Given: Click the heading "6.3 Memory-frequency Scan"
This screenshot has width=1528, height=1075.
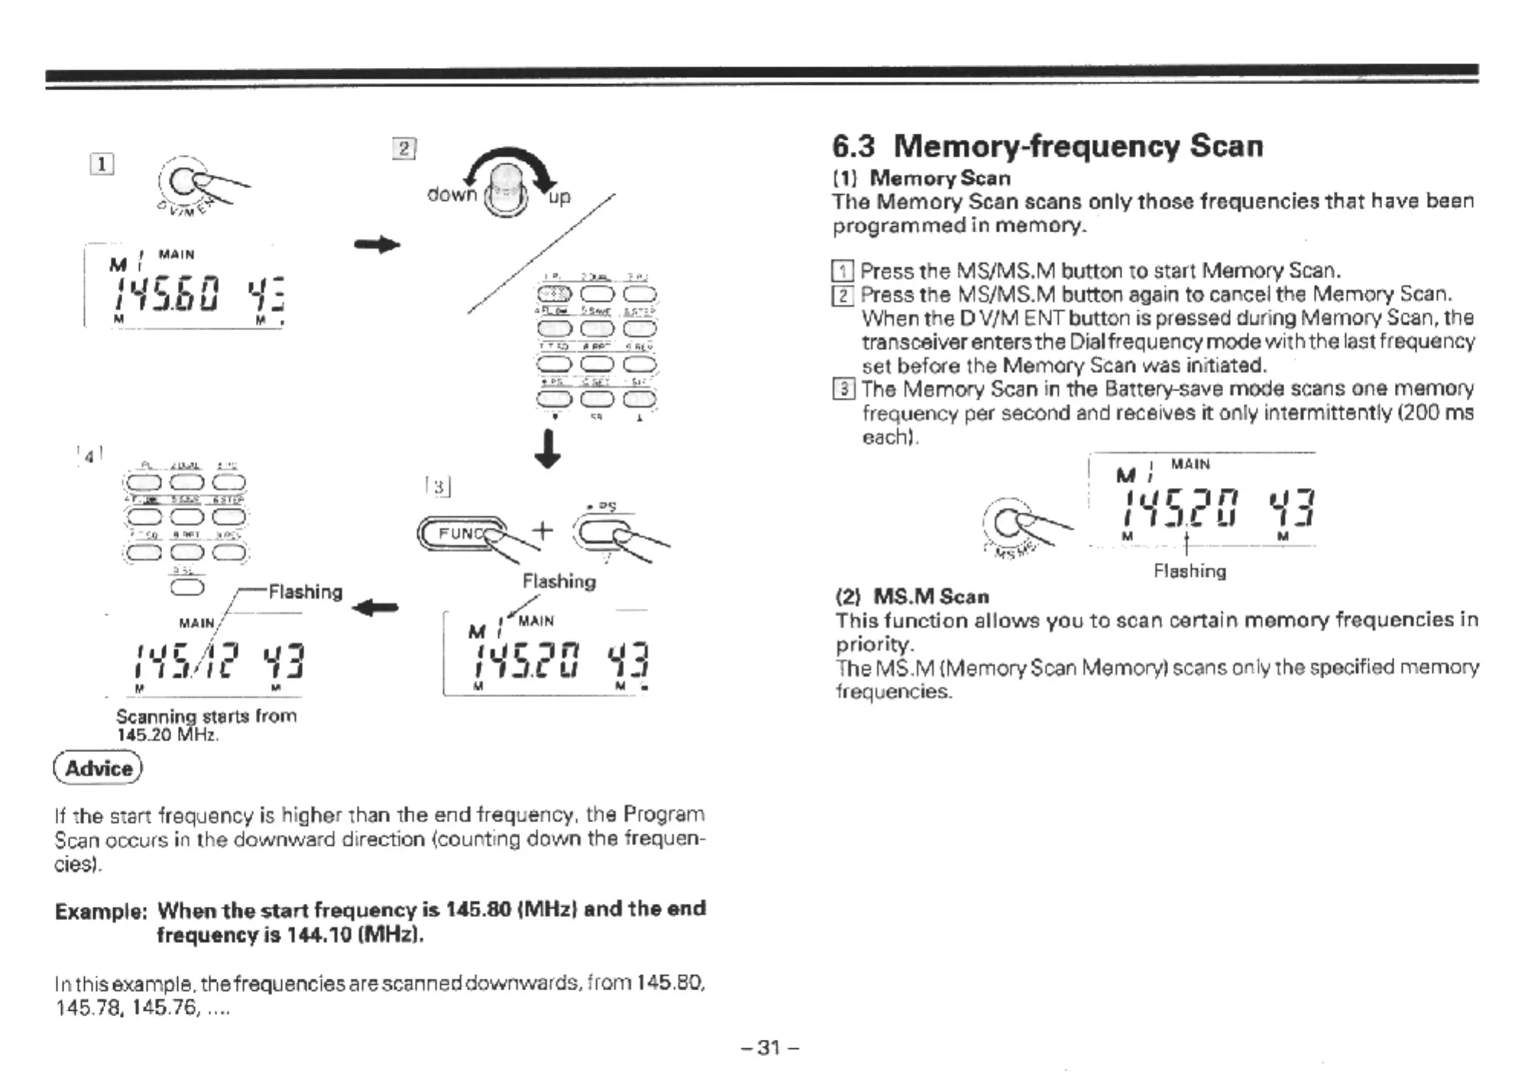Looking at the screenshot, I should point(1047,146).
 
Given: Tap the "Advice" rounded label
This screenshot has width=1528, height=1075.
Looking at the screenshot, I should point(99,768).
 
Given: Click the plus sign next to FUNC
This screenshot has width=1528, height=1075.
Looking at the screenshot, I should point(542,529).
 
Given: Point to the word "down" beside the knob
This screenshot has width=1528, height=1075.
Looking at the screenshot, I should point(452,195).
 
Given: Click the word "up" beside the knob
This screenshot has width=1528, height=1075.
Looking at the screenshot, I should point(559,197).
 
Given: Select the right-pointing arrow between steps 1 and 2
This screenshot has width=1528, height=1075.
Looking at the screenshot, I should point(377,245).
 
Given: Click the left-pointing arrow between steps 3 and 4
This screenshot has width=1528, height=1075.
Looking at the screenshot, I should point(375,608).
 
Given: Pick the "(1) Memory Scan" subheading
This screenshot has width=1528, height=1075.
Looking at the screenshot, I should point(921,179).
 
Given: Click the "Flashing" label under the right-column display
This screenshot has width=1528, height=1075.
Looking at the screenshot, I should point(1190,571).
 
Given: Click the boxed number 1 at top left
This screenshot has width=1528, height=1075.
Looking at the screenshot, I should point(102,164).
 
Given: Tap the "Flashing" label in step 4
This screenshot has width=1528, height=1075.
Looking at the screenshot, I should point(305,592).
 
